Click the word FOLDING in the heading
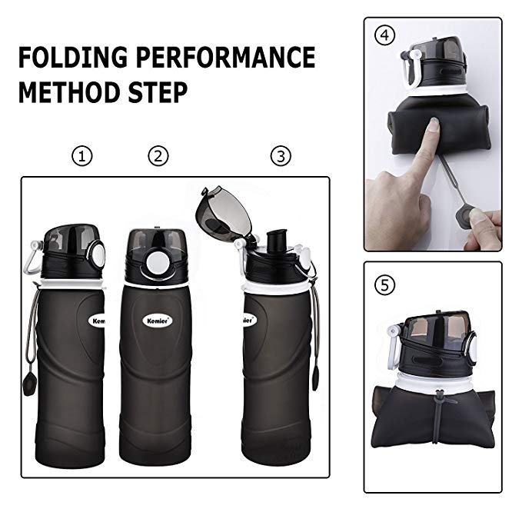pyautogui.click(x=73, y=57)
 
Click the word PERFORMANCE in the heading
pyautogui.click(x=226, y=57)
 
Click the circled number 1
pyautogui.click(x=82, y=156)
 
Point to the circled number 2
pyautogui.click(x=158, y=156)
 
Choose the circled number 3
pyautogui.click(x=281, y=156)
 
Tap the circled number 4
pyautogui.click(x=385, y=35)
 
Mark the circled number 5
pyautogui.click(x=385, y=285)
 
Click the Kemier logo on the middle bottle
pyautogui.click(x=158, y=321)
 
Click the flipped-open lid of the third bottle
pyautogui.click(x=224, y=213)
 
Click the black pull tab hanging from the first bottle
pyautogui.click(x=29, y=384)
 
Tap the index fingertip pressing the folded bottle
pyautogui.click(x=434, y=124)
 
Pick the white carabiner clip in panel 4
pyautogui.click(x=411, y=68)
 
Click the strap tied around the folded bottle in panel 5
pyautogui.click(x=437, y=416)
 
